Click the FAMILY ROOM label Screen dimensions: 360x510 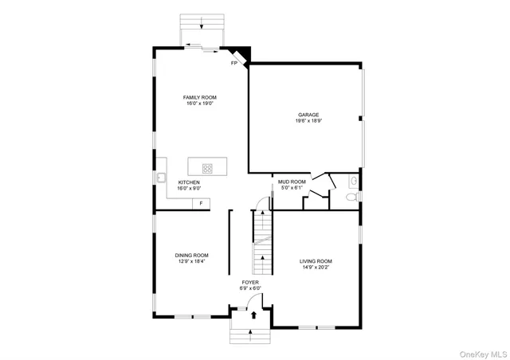200,97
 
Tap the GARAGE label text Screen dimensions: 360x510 304,114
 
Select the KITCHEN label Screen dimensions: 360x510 189,182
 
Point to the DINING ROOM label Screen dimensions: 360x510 192,255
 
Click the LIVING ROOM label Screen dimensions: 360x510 316,261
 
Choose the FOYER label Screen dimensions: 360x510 251,282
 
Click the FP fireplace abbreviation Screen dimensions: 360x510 234,62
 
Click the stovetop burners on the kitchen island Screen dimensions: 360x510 207,168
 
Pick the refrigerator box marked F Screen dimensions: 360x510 202,205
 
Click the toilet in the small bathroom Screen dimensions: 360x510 352,195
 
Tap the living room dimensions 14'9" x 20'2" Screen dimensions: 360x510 316,268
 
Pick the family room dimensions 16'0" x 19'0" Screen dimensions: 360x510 200,104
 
